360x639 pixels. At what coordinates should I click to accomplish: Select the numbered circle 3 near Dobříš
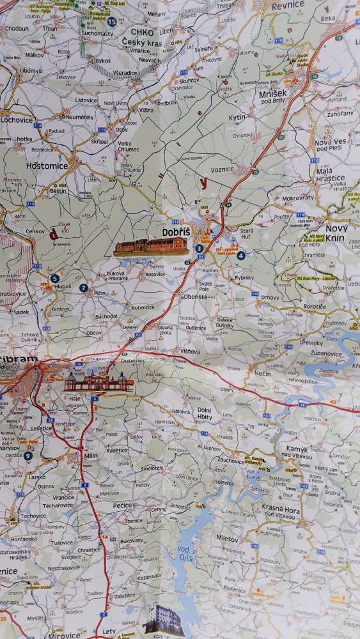[199, 249]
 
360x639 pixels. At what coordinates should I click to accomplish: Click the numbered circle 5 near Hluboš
[54, 279]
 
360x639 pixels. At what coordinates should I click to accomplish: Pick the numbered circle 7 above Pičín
[84, 288]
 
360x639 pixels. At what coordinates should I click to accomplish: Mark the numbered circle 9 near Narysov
[27, 456]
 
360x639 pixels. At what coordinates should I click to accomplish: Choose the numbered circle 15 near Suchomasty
[112, 22]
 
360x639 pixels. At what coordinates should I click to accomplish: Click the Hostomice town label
[47, 166]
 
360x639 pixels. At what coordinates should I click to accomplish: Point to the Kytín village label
[237, 118]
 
